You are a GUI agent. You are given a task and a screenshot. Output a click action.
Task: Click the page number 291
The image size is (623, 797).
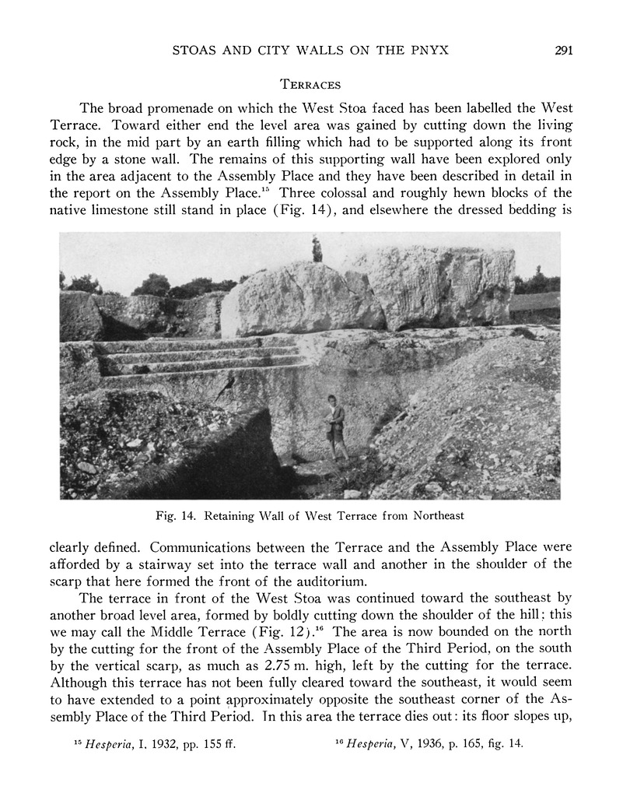[564, 51]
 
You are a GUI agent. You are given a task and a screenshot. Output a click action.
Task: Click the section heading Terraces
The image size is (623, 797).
[311, 83]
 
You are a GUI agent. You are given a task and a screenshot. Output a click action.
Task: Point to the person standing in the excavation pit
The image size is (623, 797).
[335, 428]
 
